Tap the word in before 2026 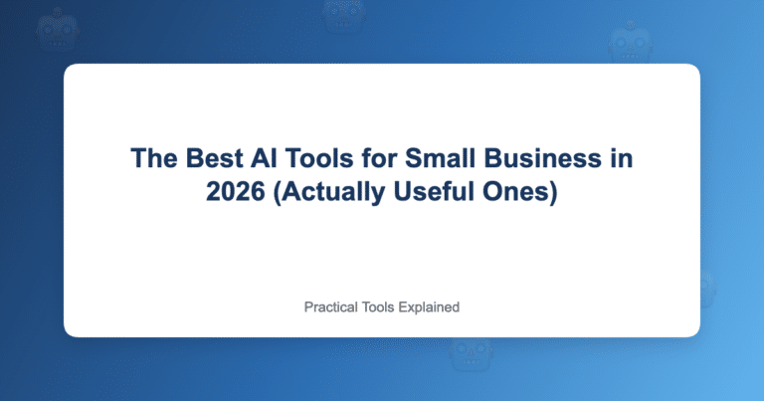[x=620, y=158]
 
